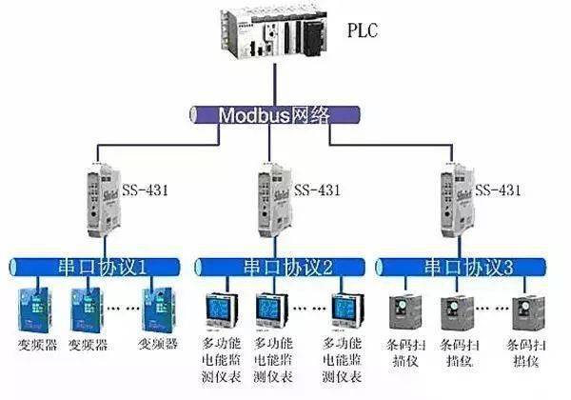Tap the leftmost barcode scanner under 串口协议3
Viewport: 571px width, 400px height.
[x=406, y=311]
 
